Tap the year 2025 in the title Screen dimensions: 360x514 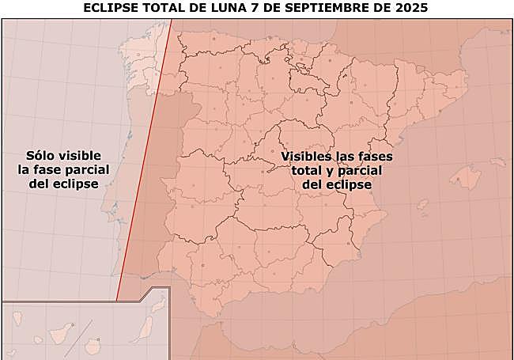click(x=412, y=9)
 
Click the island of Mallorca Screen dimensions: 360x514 click(x=466, y=177)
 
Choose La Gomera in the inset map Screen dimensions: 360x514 click(x=38, y=340)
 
